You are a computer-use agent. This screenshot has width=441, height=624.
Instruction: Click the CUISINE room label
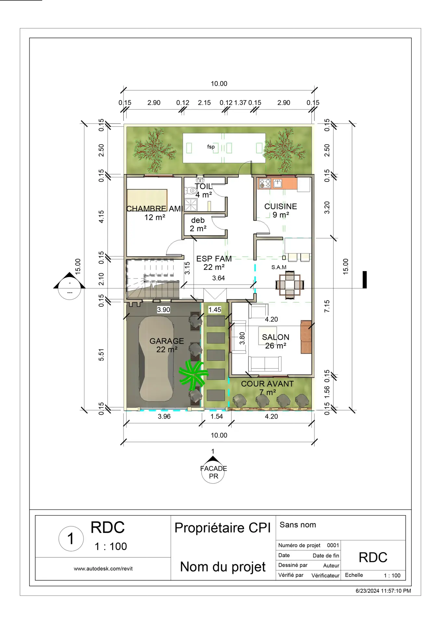281,206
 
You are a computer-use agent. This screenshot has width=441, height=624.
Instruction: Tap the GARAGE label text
167,341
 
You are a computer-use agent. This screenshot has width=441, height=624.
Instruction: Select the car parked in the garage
156,359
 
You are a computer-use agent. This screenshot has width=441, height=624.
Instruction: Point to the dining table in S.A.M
290,285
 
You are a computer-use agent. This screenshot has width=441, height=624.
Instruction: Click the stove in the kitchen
265,184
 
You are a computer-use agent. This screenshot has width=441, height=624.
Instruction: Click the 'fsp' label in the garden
211,147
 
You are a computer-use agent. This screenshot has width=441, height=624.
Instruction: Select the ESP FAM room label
214,259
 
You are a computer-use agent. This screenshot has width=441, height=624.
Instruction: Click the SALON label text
275,337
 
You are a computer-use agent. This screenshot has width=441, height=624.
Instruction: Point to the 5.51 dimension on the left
101,355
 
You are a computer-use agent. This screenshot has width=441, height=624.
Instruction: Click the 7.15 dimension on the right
327,306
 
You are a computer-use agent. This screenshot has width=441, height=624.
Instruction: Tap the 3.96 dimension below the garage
164,416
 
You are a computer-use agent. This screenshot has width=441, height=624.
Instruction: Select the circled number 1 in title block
71,539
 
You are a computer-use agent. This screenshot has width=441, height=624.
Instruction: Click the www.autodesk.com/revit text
103,568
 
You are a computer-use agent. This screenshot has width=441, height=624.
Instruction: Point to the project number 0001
333,545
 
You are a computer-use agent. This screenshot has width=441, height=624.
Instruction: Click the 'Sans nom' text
298,525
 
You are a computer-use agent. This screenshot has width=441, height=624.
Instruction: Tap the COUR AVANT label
267,384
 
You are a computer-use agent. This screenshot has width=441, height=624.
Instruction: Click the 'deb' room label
198,220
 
